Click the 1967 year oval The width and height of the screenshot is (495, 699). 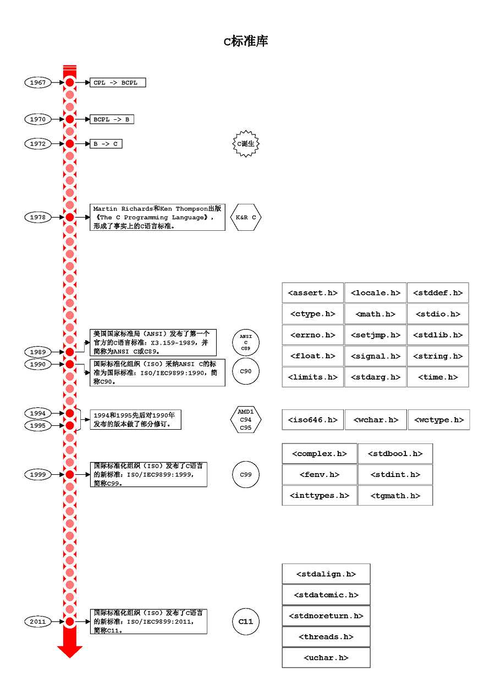click(x=38, y=82)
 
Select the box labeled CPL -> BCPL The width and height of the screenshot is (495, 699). click(x=118, y=82)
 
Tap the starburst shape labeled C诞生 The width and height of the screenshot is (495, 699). click(x=245, y=144)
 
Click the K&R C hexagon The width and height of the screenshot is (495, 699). click(x=245, y=217)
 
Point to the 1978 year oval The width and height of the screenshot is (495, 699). click(x=38, y=217)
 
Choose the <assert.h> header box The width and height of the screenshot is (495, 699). click(x=312, y=293)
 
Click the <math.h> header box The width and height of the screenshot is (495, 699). click(x=375, y=314)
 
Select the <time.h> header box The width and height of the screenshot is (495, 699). click(x=438, y=377)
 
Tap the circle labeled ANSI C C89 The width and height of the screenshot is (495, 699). click(x=245, y=342)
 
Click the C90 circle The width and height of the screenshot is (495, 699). click(x=245, y=371)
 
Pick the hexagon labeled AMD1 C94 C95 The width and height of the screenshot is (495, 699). click(x=245, y=419)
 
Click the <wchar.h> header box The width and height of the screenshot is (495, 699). click(x=376, y=420)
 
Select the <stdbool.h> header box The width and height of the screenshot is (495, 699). click(x=395, y=454)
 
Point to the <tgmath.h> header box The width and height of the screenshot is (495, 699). click(x=395, y=496)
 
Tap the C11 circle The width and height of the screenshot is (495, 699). click(x=245, y=622)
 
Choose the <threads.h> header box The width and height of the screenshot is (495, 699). click(x=326, y=637)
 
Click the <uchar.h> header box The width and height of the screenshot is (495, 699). click(x=326, y=658)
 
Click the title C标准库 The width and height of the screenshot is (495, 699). click(x=246, y=42)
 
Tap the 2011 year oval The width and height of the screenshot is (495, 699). click(x=38, y=622)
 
